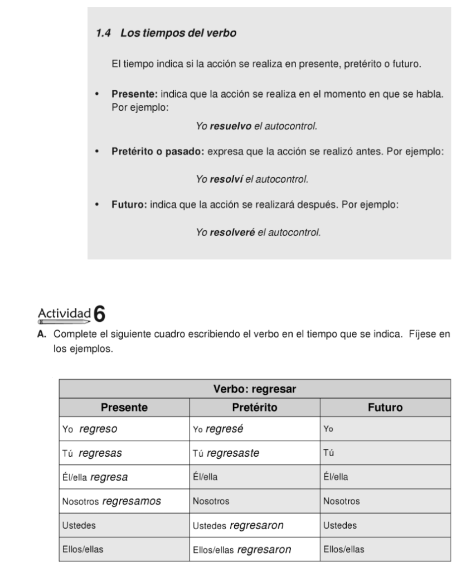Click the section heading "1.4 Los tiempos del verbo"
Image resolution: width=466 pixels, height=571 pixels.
point(166,33)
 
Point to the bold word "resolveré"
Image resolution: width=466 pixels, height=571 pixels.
point(232,232)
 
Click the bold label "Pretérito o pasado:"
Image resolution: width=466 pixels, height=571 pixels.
point(158,151)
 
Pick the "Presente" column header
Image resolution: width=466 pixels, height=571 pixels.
point(124,408)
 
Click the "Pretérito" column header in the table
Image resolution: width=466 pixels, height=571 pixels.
point(255,408)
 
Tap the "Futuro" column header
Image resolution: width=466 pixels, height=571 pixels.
point(385,408)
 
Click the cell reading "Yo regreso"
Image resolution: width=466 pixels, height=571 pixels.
point(124,429)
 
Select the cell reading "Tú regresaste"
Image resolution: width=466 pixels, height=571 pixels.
point(255,453)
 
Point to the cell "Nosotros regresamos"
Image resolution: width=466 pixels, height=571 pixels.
point(124,501)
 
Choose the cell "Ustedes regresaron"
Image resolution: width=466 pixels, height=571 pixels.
point(255,525)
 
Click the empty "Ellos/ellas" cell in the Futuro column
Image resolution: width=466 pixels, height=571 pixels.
point(385,549)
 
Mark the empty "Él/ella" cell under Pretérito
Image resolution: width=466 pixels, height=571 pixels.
point(255,477)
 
